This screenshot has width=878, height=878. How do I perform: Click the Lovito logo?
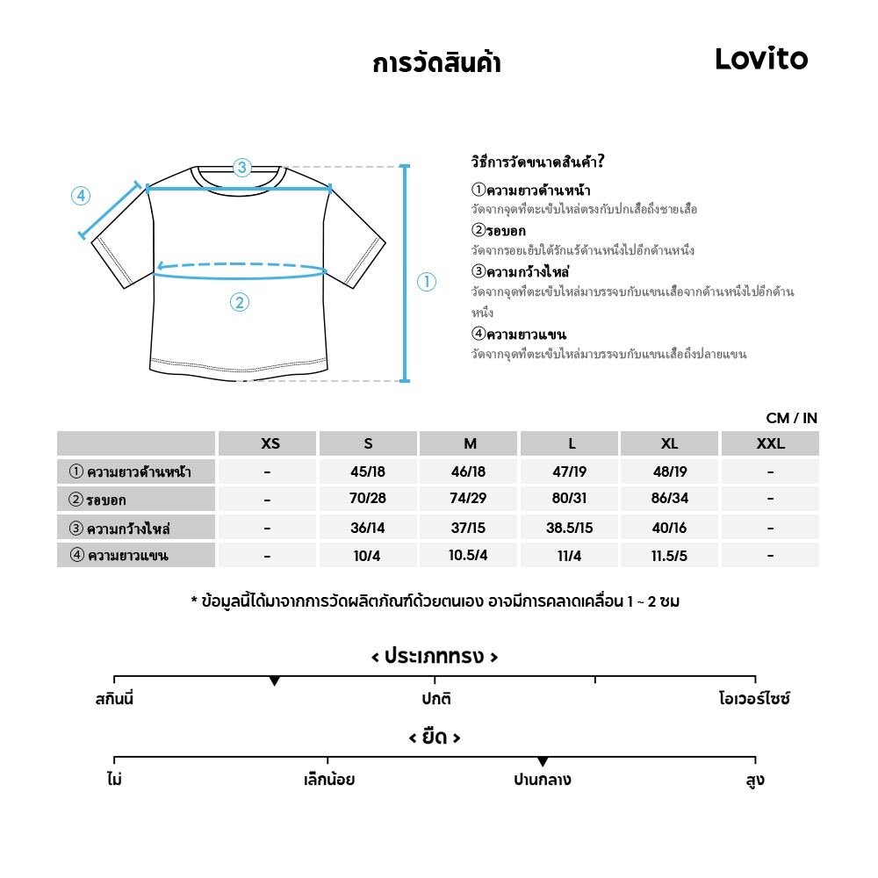760,59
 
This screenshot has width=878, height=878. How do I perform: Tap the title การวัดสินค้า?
436,63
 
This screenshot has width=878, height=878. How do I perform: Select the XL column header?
669,443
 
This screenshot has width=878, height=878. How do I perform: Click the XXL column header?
770,443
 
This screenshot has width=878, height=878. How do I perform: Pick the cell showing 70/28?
368,500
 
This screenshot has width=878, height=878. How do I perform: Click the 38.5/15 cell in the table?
569,528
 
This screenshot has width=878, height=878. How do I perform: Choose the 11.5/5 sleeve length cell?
669,556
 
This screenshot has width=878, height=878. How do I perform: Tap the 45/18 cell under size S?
368,471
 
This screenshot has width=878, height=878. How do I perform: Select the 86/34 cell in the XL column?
669,500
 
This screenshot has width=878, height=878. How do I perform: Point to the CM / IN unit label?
791,419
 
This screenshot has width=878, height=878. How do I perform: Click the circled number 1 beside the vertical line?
426,282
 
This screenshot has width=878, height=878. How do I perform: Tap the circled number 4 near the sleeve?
81,196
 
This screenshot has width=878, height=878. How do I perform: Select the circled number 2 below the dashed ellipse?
240,303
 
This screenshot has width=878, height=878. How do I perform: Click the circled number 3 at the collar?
242,167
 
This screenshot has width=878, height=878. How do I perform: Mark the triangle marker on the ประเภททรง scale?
275,681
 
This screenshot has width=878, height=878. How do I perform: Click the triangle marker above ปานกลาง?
543,761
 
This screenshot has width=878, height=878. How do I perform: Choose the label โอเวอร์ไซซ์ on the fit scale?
754,700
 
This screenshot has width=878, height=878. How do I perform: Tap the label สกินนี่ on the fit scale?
114,700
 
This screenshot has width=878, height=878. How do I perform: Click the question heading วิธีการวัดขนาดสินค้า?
537,162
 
